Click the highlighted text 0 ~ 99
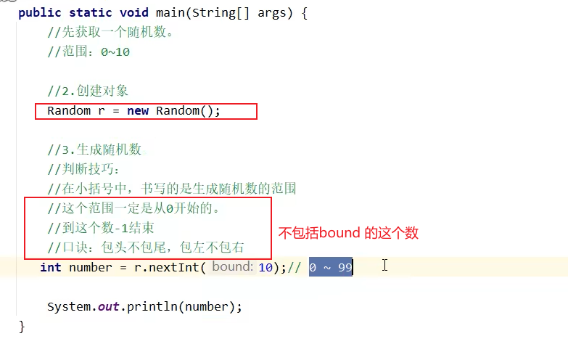tap(330, 268)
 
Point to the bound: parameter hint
tap(232, 268)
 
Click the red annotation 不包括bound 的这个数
tap(349, 234)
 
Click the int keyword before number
tap(51, 268)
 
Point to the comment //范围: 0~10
tap(89, 52)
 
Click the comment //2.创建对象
tap(88, 91)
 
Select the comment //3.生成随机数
tap(94, 150)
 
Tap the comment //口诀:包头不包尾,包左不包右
tap(145, 248)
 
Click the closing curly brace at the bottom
tap(22, 326)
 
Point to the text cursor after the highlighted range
tap(384, 266)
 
